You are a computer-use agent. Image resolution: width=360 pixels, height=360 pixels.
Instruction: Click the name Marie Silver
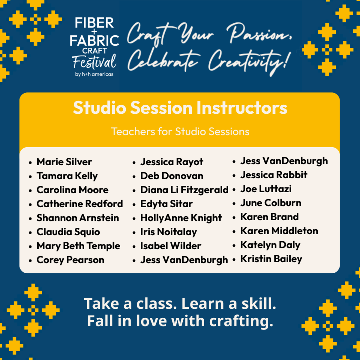pos(64,162)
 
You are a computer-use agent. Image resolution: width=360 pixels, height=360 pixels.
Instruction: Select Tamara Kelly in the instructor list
pos(67,176)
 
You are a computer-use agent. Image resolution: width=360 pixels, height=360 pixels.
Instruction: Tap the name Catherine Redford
pos(80,204)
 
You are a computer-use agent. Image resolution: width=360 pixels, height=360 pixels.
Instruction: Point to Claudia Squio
pos(68,232)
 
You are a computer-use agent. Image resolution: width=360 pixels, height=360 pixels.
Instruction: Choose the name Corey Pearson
pos(70,260)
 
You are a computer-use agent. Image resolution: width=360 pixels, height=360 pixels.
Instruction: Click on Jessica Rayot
pos(172,162)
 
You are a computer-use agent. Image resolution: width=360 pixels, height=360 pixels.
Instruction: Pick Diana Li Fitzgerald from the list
pos(184,190)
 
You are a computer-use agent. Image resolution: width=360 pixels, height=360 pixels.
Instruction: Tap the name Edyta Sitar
pos(166,204)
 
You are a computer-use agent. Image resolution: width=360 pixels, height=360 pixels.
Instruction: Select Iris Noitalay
pos(169,232)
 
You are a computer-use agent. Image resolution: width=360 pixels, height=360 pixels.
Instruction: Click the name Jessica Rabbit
pos(274,175)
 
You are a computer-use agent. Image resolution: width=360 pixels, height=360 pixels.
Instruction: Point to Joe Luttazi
pos(266,189)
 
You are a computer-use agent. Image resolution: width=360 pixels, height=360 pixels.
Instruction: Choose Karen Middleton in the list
pos(279,231)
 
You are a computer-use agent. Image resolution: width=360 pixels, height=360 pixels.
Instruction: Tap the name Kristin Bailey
pos(271,259)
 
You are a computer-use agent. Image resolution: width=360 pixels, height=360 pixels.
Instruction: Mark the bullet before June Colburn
pos(234,203)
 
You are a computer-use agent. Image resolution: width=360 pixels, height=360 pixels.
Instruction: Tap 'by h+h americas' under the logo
pos(94,74)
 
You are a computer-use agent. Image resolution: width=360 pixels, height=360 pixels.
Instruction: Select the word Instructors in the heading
pos(242,108)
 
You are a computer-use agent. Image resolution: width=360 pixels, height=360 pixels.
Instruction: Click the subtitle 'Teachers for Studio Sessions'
pos(180,131)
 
